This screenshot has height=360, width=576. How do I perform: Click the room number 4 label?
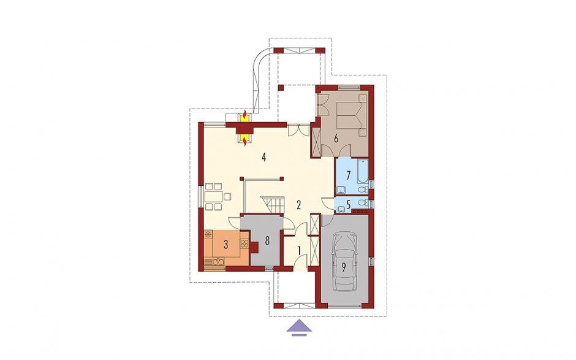tap(263, 158)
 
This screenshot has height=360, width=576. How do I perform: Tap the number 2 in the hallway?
tap(298, 205)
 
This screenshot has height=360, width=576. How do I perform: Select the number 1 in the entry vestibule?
tap(300, 251)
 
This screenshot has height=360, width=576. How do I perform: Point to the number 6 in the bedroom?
tap(335, 139)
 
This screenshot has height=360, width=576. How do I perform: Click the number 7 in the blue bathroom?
tap(348, 174)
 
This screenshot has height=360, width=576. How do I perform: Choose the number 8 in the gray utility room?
tap(267, 241)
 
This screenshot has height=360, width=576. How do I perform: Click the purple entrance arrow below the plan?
tap(299, 327)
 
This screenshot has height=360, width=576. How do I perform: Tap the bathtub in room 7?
tap(363, 172)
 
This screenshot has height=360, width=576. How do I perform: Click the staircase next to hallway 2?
tap(273, 204)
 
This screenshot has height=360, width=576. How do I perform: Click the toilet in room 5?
tap(363, 202)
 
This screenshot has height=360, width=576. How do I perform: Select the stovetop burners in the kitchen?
tap(244, 243)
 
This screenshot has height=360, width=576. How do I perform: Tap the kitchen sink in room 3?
tap(217, 261)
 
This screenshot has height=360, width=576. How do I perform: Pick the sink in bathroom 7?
tap(341, 190)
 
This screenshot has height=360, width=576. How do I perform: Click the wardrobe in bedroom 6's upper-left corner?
tap(323, 104)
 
